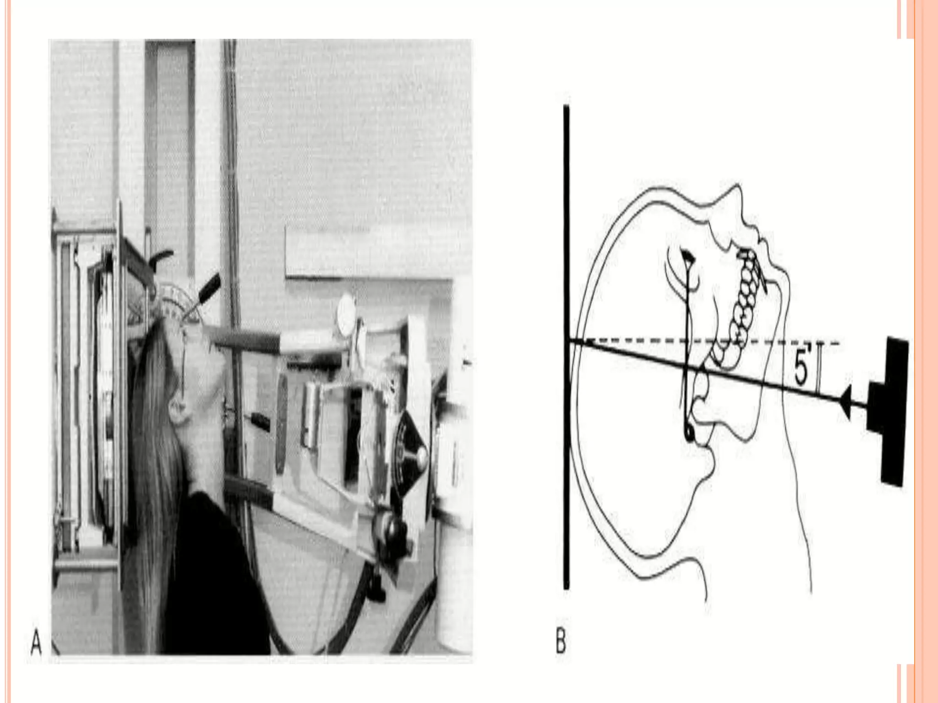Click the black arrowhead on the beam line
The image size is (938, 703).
[x=845, y=402]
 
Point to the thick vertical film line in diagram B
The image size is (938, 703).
[x=567, y=348]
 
